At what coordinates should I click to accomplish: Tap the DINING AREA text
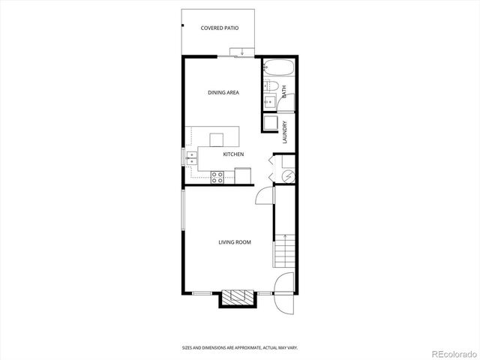pos(223,92)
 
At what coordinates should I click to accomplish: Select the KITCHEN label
pos(233,154)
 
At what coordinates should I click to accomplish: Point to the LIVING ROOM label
pos(234,242)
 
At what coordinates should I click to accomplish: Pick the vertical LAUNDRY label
pos(285,133)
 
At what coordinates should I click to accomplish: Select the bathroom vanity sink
pos(270,102)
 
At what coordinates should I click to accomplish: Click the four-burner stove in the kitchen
pos(217,177)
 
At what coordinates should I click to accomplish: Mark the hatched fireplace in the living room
pos(238,297)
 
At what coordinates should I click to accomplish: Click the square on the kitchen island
pos(217,139)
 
